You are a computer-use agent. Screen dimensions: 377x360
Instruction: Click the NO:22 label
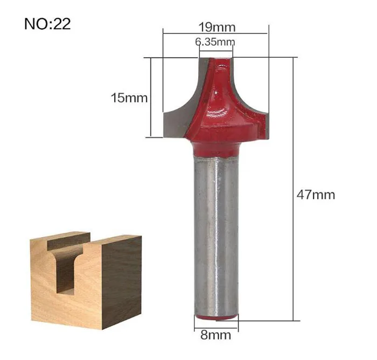coord(47,24)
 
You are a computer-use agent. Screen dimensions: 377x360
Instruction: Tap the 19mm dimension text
coord(217,27)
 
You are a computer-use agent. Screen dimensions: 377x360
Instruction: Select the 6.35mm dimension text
coord(215,42)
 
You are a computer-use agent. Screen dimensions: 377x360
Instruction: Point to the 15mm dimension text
coord(129,98)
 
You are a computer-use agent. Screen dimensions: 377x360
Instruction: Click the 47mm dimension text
coord(316,195)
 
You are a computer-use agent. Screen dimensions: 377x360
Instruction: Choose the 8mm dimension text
coord(215,335)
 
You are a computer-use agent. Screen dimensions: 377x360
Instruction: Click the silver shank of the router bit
coord(216,236)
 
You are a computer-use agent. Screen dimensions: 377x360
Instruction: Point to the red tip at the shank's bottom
coord(216,318)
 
